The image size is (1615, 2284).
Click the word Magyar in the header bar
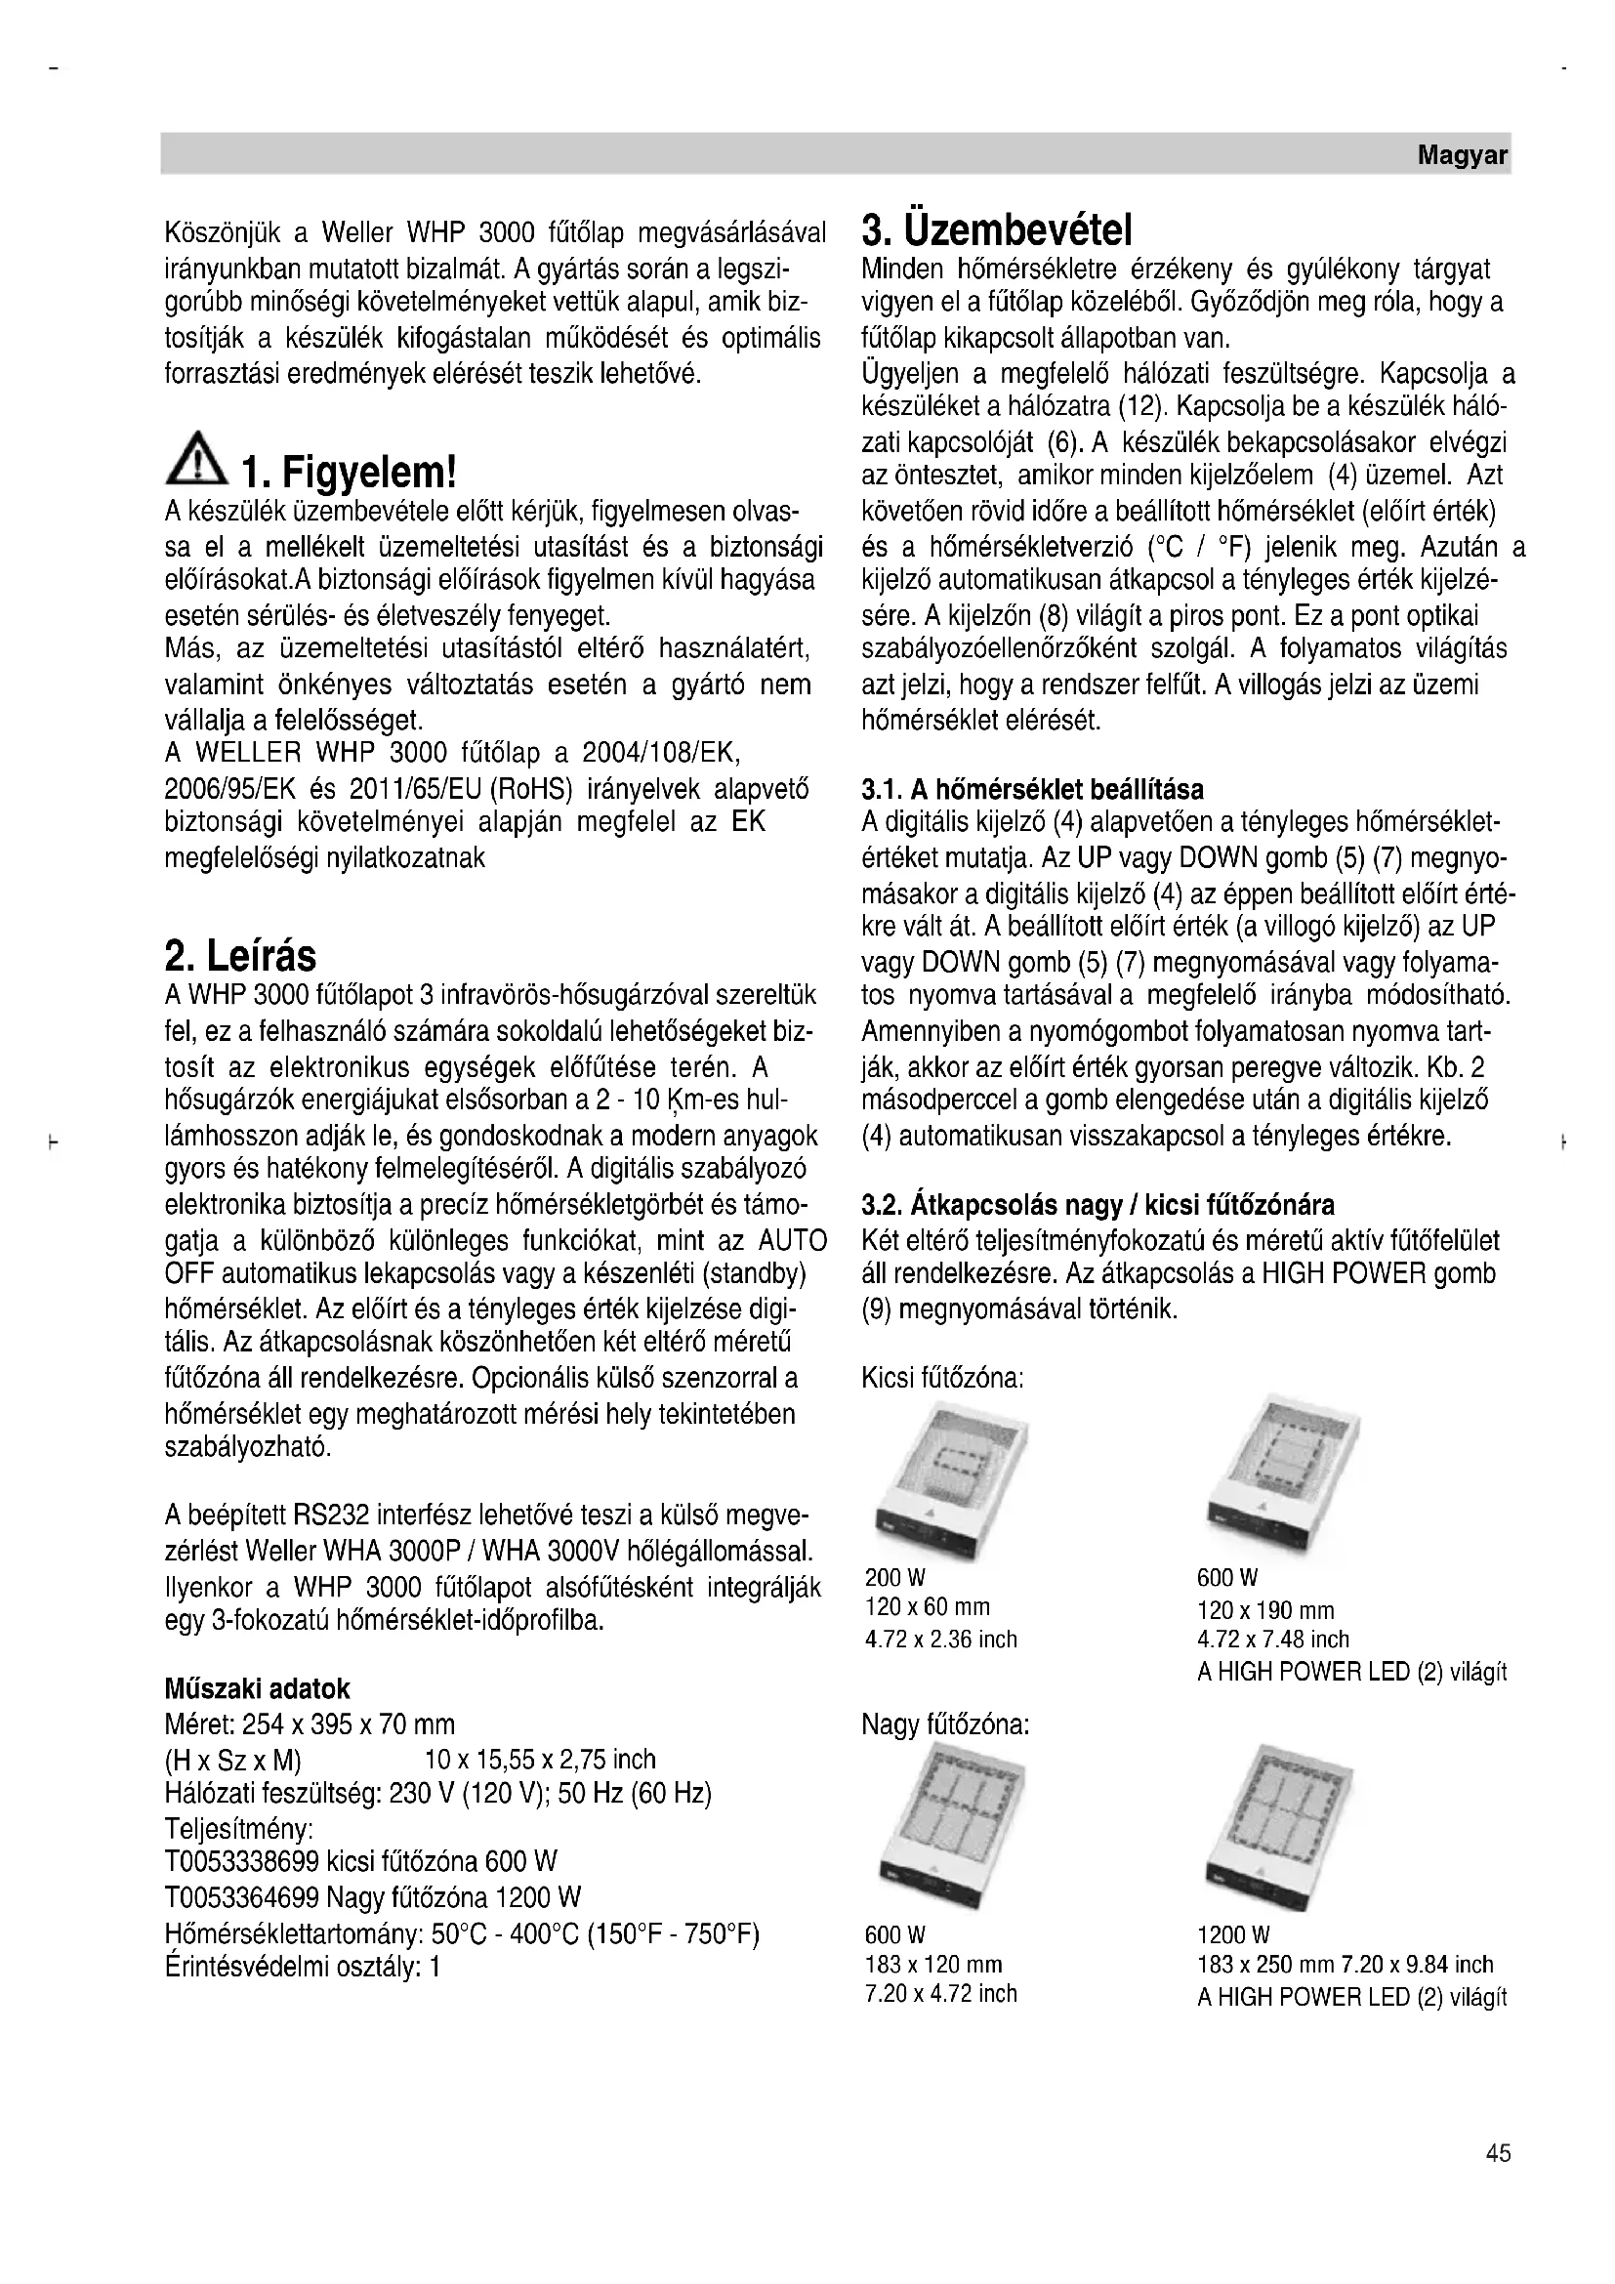pyautogui.click(x=1462, y=156)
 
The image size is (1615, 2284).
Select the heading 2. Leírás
pyautogui.click(x=239, y=956)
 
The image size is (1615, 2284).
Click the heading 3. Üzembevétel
pyautogui.click(x=998, y=231)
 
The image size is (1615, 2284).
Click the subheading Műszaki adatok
pyautogui.click(x=257, y=1688)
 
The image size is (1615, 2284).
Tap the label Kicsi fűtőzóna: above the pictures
pyautogui.click(x=943, y=1378)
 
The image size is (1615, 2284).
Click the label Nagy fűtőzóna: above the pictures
pyautogui.click(x=945, y=1723)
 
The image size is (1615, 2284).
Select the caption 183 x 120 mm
pyautogui.click(x=933, y=1964)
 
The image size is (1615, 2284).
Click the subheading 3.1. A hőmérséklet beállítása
pyautogui.click(x=1032, y=789)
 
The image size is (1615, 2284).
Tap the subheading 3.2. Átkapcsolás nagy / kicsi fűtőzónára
pyautogui.click(x=1097, y=1205)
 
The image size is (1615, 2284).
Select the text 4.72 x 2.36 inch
pyautogui.click(x=940, y=1640)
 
